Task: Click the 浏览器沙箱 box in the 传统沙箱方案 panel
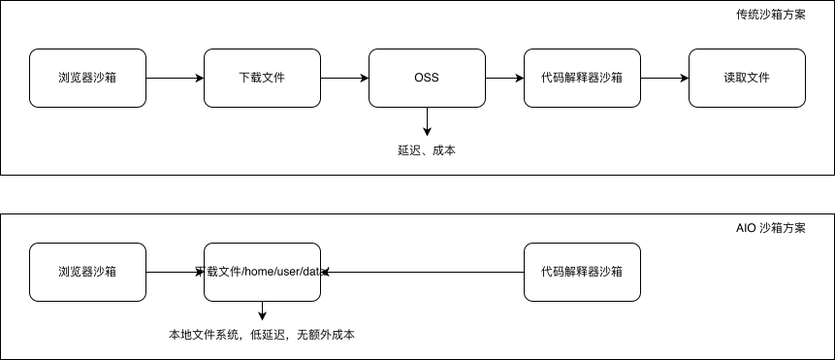pos(87,78)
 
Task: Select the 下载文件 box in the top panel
pos(262,78)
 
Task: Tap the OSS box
pos(427,78)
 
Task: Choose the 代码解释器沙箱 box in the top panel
pos(582,78)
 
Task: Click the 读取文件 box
pos(747,78)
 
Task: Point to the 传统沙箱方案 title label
pos(770,16)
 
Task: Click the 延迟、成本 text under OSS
pos(427,150)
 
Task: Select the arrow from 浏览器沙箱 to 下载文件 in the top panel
pos(175,78)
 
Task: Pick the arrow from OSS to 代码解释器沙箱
pos(504,78)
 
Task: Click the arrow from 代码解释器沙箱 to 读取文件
pos(664,78)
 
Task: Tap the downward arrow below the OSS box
pos(427,121)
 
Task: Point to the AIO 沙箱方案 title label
pos(770,229)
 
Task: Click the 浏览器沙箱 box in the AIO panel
pos(87,272)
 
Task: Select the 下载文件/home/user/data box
pos(262,272)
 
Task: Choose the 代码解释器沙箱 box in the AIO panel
pos(582,272)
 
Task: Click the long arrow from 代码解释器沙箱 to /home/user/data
pos(422,273)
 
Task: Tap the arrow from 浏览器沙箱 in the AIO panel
pos(175,272)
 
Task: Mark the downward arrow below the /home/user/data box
pos(262,311)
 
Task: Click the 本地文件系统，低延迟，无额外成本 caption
pos(262,335)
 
